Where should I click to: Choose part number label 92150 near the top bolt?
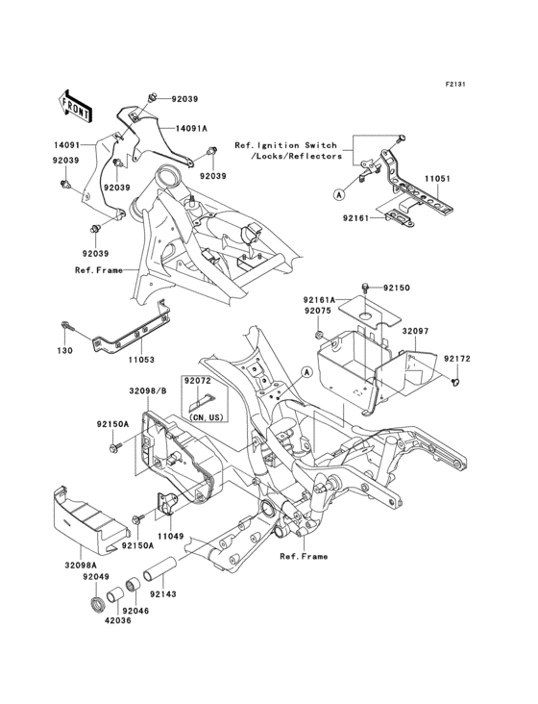click(397, 288)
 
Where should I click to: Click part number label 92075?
click(319, 311)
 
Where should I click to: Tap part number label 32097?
click(415, 330)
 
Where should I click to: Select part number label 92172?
click(456, 358)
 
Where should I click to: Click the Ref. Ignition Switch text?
click(288, 144)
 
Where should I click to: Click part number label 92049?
click(94, 576)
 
